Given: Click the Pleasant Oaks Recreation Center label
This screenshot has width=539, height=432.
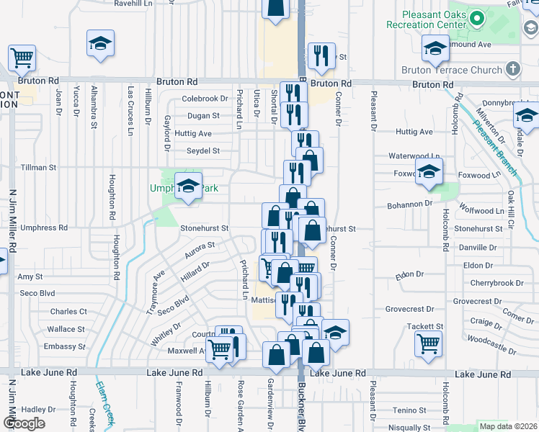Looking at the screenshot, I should (x=427, y=19).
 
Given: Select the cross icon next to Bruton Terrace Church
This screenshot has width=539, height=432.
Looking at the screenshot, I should (x=513, y=70).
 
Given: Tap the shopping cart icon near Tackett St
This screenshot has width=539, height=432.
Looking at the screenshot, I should (x=429, y=344).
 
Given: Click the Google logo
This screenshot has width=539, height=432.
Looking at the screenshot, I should (x=24, y=423).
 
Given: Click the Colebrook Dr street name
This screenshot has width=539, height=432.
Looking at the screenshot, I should (x=205, y=99).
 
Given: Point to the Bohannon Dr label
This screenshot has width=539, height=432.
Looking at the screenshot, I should (x=409, y=204).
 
